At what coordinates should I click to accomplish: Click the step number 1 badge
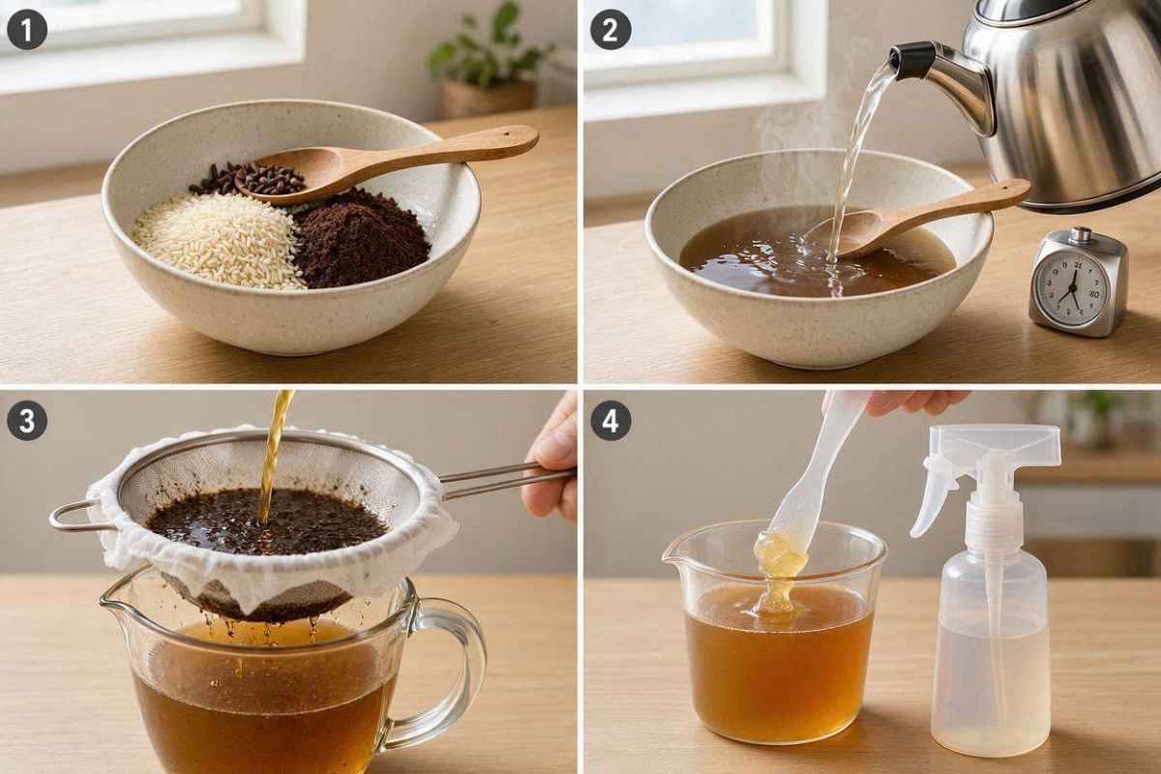26,30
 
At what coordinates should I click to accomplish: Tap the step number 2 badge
610,30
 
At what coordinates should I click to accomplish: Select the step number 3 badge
26,421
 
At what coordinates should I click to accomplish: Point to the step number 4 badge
610,421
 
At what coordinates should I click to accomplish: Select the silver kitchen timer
1078,283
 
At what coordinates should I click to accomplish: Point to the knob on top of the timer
1080,234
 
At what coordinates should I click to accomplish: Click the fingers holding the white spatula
912,402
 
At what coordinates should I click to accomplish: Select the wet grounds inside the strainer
267,521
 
